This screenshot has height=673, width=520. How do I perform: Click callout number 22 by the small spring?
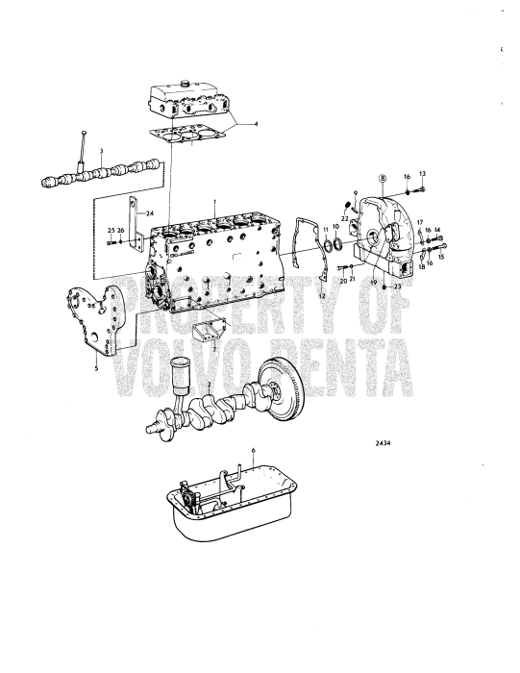click(345, 218)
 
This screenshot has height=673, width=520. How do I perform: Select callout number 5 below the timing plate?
click(96, 365)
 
